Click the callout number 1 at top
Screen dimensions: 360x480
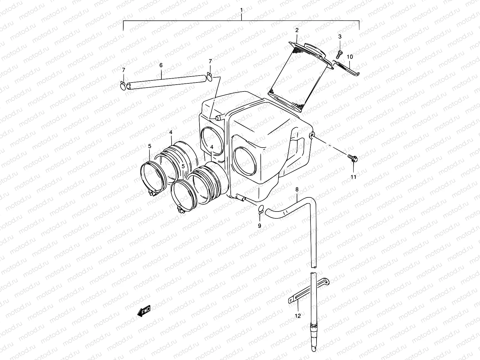pos(241,10)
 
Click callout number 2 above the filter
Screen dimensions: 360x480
pos(297,30)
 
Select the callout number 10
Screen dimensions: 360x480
pos(350,57)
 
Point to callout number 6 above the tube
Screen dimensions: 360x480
pos(161,65)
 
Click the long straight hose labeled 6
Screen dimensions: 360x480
pos(167,82)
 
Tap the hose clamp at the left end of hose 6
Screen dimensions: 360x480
pos(122,86)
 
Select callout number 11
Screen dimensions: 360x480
pos(353,177)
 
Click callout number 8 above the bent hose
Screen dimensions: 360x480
pos(297,189)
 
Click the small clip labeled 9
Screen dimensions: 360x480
pos(260,209)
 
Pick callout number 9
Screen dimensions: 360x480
pos(259,226)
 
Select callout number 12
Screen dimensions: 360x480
pos(297,316)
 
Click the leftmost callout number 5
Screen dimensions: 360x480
pos(150,146)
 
